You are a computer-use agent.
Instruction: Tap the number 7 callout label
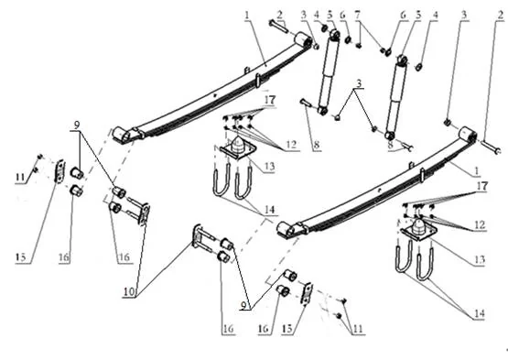(x=358, y=16)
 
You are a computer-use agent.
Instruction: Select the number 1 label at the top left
(x=246, y=15)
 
